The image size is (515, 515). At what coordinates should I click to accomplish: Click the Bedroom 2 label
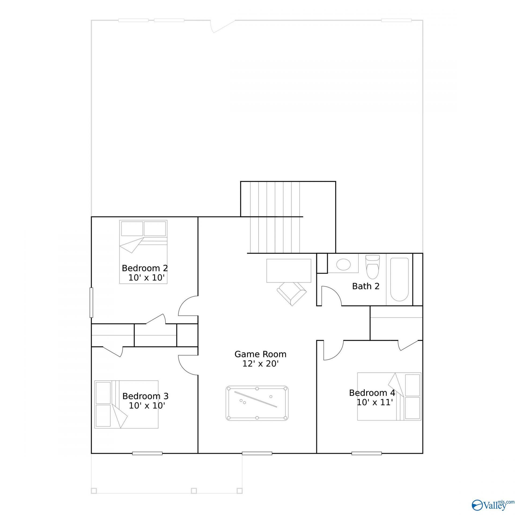click(x=145, y=268)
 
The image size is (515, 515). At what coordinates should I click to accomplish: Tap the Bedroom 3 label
click(x=145, y=396)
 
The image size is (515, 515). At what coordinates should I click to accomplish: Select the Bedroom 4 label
click(x=372, y=393)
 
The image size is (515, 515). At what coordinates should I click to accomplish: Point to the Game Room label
click(x=260, y=354)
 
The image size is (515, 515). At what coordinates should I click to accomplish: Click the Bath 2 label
click(x=366, y=286)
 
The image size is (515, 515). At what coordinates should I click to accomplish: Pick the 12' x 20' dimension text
click(x=260, y=364)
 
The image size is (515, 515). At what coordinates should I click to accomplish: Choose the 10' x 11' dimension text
click(x=375, y=402)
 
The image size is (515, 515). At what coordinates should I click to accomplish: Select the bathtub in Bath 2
click(x=399, y=279)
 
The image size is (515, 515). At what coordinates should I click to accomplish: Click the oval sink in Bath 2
click(x=344, y=265)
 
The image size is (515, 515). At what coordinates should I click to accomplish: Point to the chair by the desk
click(x=292, y=294)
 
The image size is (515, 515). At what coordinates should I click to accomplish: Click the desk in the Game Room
click(x=289, y=271)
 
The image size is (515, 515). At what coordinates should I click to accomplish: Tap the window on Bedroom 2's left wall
click(x=91, y=303)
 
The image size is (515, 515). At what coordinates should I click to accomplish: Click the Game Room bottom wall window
click(x=257, y=454)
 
